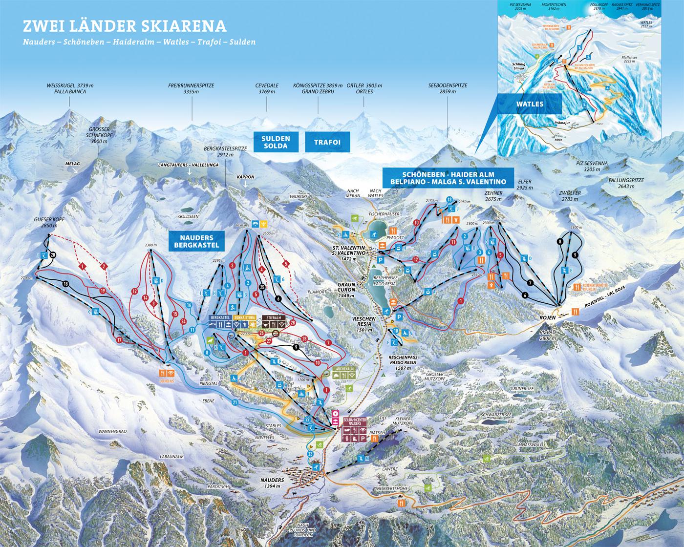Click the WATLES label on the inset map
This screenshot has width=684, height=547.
point(530,104)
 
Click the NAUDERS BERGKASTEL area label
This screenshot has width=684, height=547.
point(194,241)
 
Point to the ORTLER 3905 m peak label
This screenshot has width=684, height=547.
point(364,88)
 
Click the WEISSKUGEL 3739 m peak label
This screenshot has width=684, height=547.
point(70,88)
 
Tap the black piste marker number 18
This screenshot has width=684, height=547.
point(65,284)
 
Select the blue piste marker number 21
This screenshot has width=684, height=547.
point(235,402)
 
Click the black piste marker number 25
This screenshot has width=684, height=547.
point(262,287)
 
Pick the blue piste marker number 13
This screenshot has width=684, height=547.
point(449,199)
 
